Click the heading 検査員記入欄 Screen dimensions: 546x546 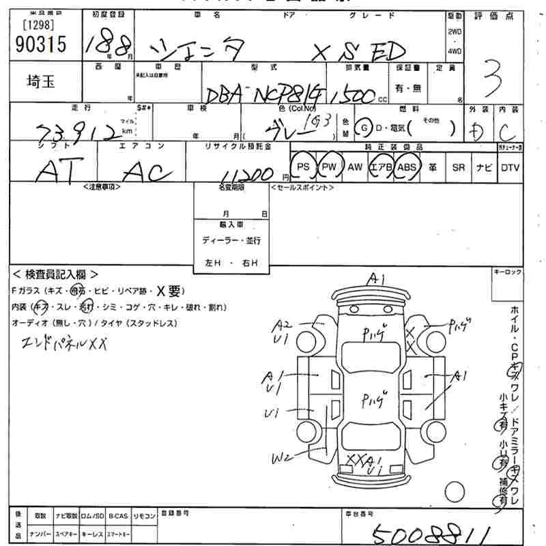point(57,274)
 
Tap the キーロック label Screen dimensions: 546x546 point(508,272)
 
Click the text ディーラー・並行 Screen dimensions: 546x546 point(231,240)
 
